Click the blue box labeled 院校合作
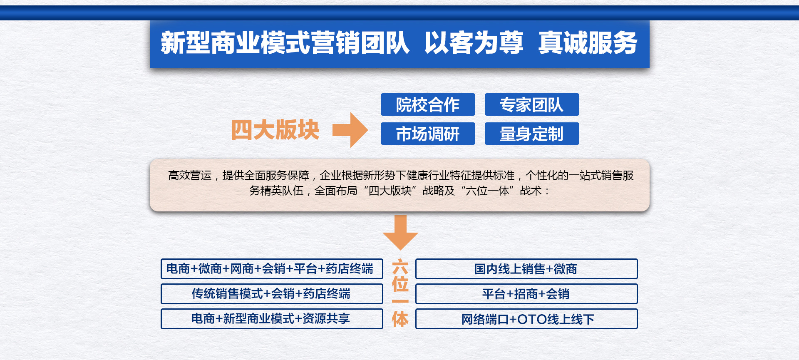click(x=428, y=104)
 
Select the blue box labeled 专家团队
click(x=532, y=104)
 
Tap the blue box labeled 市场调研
click(x=428, y=134)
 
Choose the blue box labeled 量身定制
click(x=532, y=134)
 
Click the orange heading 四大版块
click(x=275, y=130)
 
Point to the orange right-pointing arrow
click(x=350, y=130)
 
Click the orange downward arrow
click(x=400, y=232)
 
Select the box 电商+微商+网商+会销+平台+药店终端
click(x=272, y=269)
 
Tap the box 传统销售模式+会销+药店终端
click(x=272, y=294)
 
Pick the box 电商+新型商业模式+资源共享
click(x=272, y=319)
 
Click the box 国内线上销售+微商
click(x=526, y=269)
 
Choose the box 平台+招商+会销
click(x=526, y=294)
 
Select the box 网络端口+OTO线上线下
click(x=526, y=319)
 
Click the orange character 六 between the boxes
click(x=400, y=267)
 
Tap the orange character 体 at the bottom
click(x=400, y=319)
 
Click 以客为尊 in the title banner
click(x=474, y=42)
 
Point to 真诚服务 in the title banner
click(x=588, y=42)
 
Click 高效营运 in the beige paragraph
click(x=190, y=175)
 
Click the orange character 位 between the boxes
click(x=400, y=284)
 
